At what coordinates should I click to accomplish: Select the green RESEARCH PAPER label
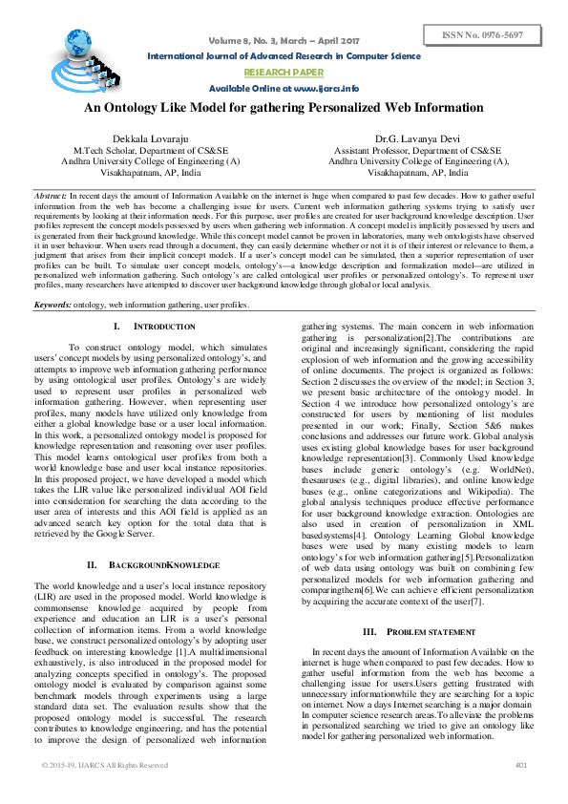tap(284, 72)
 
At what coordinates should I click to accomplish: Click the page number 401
tap(521, 766)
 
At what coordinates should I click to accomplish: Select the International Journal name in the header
tap(284, 56)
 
